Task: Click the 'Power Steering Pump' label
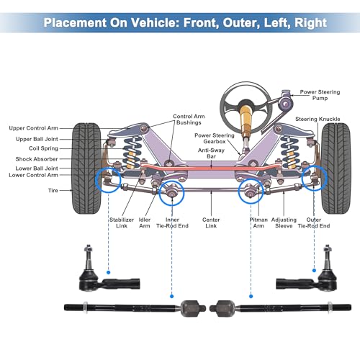point(320,95)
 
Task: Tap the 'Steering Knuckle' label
point(318,119)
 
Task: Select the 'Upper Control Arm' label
point(34,128)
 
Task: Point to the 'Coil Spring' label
point(43,148)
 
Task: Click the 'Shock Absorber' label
point(37,159)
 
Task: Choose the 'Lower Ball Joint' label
point(37,168)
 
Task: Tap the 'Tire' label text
point(53,190)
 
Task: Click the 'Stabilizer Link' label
point(122,222)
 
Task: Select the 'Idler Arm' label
point(145,222)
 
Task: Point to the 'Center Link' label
point(211,222)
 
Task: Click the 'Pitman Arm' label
point(258,222)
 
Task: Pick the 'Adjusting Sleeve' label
point(284,222)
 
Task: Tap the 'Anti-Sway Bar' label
point(211,153)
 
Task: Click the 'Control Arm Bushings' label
point(189,120)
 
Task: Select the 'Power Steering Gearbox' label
point(215,138)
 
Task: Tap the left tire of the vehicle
point(87,168)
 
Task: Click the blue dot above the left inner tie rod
point(171,297)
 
